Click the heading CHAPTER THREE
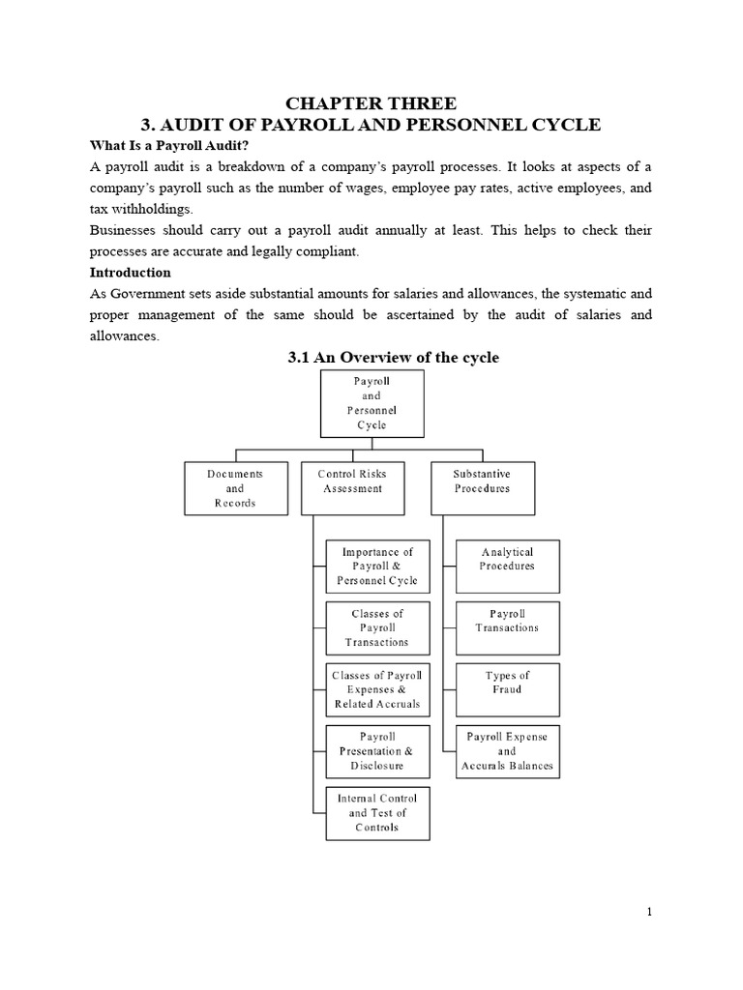tap(371, 103)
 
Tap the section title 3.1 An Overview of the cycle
tap(394, 358)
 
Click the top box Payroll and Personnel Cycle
tap(371, 403)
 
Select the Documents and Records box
tap(234, 488)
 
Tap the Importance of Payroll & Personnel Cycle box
tap(377, 567)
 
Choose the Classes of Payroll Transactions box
tap(377, 627)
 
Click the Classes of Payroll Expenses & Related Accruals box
tap(377, 689)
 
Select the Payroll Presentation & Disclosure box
tap(377, 751)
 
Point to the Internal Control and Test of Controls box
tap(377, 813)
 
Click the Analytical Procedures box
tap(507, 565)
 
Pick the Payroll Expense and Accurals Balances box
tap(507, 751)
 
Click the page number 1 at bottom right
tap(650, 911)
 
